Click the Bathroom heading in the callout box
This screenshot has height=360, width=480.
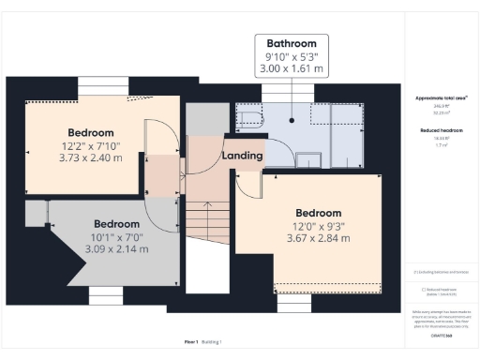[x=292, y=43]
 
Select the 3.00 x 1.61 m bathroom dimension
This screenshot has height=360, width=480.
[x=292, y=68]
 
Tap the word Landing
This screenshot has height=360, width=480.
[x=241, y=155]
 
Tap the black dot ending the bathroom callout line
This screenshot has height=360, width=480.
[x=292, y=120]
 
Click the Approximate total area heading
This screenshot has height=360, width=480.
[x=441, y=97]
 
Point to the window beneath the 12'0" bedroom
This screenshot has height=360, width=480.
[x=294, y=305]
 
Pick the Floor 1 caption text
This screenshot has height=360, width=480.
[x=191, y=343]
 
